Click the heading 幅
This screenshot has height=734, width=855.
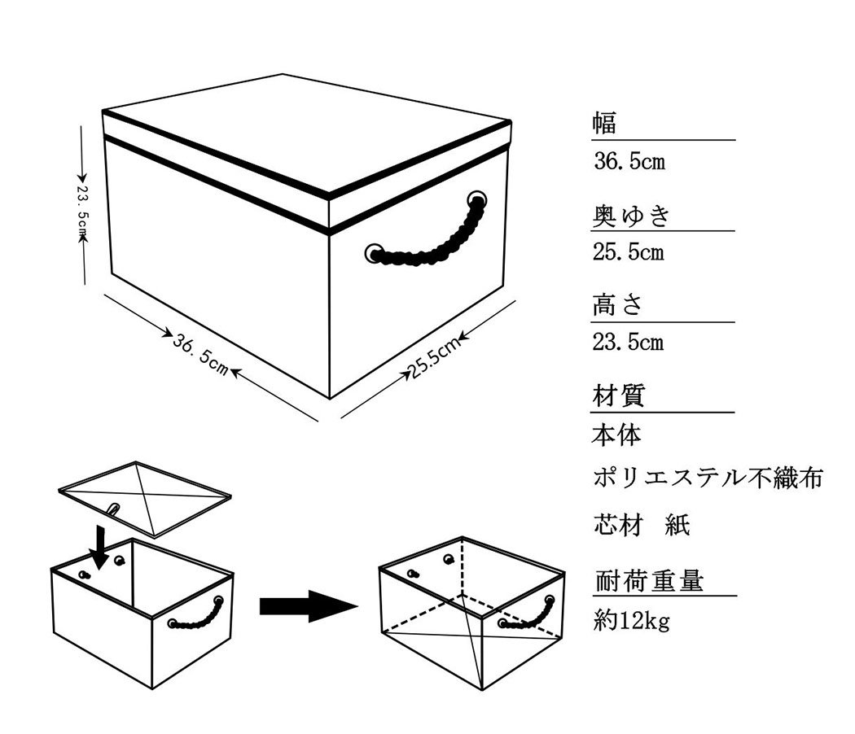[604, 124]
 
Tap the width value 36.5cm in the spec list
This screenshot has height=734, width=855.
[629, 161]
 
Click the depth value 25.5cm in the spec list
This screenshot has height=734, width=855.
[629, 252]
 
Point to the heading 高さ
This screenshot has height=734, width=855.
[618, 306]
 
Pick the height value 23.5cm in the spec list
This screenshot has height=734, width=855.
[629, 343]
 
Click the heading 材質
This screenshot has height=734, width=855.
[618, 396]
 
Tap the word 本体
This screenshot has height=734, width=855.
[616, 435]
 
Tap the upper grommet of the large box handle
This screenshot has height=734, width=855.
[477, 199]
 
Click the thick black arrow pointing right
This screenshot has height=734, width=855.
[308, 606]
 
